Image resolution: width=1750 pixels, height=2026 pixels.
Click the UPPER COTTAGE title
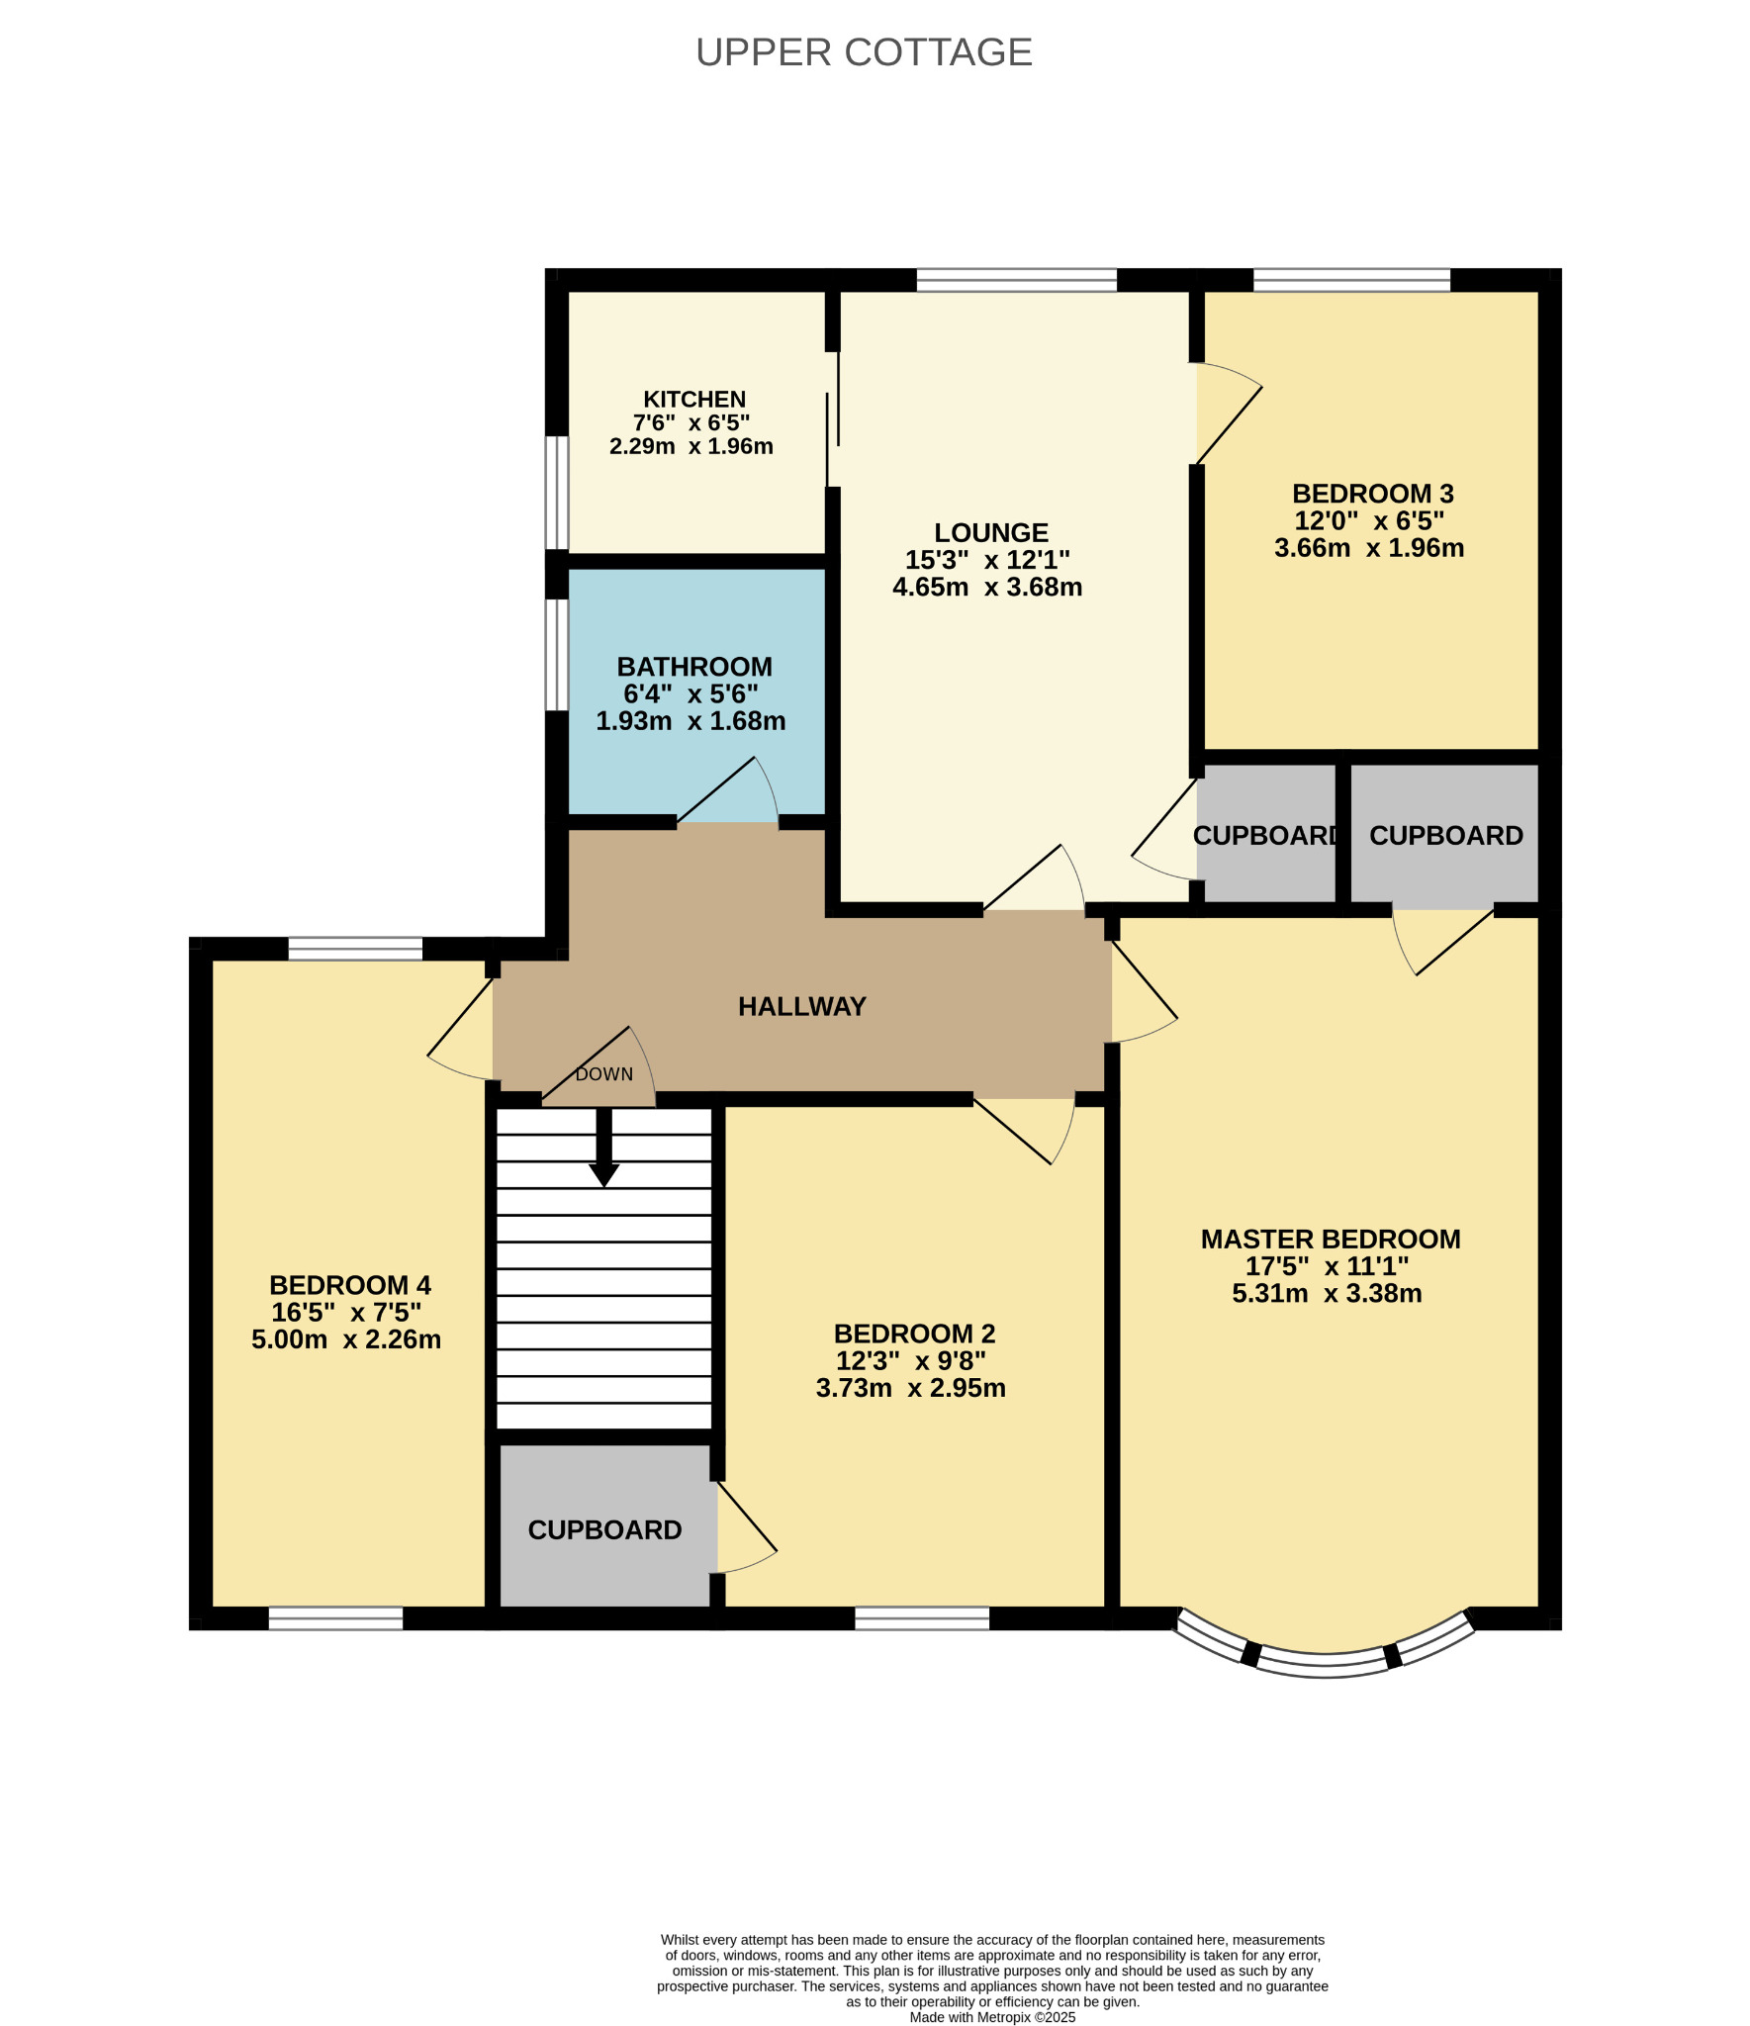tap(864, 52)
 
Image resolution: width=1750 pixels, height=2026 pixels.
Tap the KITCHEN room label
tap(694, 400)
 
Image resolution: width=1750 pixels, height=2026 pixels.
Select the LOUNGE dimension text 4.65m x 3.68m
tap(987, 587)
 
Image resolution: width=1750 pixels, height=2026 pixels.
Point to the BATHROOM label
tap(694, 667)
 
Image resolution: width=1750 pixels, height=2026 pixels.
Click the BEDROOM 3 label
tap(1373, 494)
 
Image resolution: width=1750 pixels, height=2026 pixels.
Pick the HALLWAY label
tap(802, 1006)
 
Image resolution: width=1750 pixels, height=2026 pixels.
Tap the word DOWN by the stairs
tap(604, 1074)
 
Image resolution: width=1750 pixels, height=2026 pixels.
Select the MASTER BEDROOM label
tap(1331, 1239)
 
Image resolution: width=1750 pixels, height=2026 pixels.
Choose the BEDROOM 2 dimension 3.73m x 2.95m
tap(911, 1388)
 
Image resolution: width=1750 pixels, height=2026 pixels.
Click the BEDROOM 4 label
tap(350, 1285)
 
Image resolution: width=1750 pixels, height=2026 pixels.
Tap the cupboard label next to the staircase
tap(604, 1530)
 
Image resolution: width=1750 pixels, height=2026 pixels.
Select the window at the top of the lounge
tap(1016, 280)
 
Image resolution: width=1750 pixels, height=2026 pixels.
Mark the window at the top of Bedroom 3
tap(1351, 280)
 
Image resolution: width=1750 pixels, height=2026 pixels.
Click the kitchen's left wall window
tap(558, 493)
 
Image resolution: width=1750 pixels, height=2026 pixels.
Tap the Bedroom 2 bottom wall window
tap(922, 1618)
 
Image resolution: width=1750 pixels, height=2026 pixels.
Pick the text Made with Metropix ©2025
tap(992, 2017)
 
